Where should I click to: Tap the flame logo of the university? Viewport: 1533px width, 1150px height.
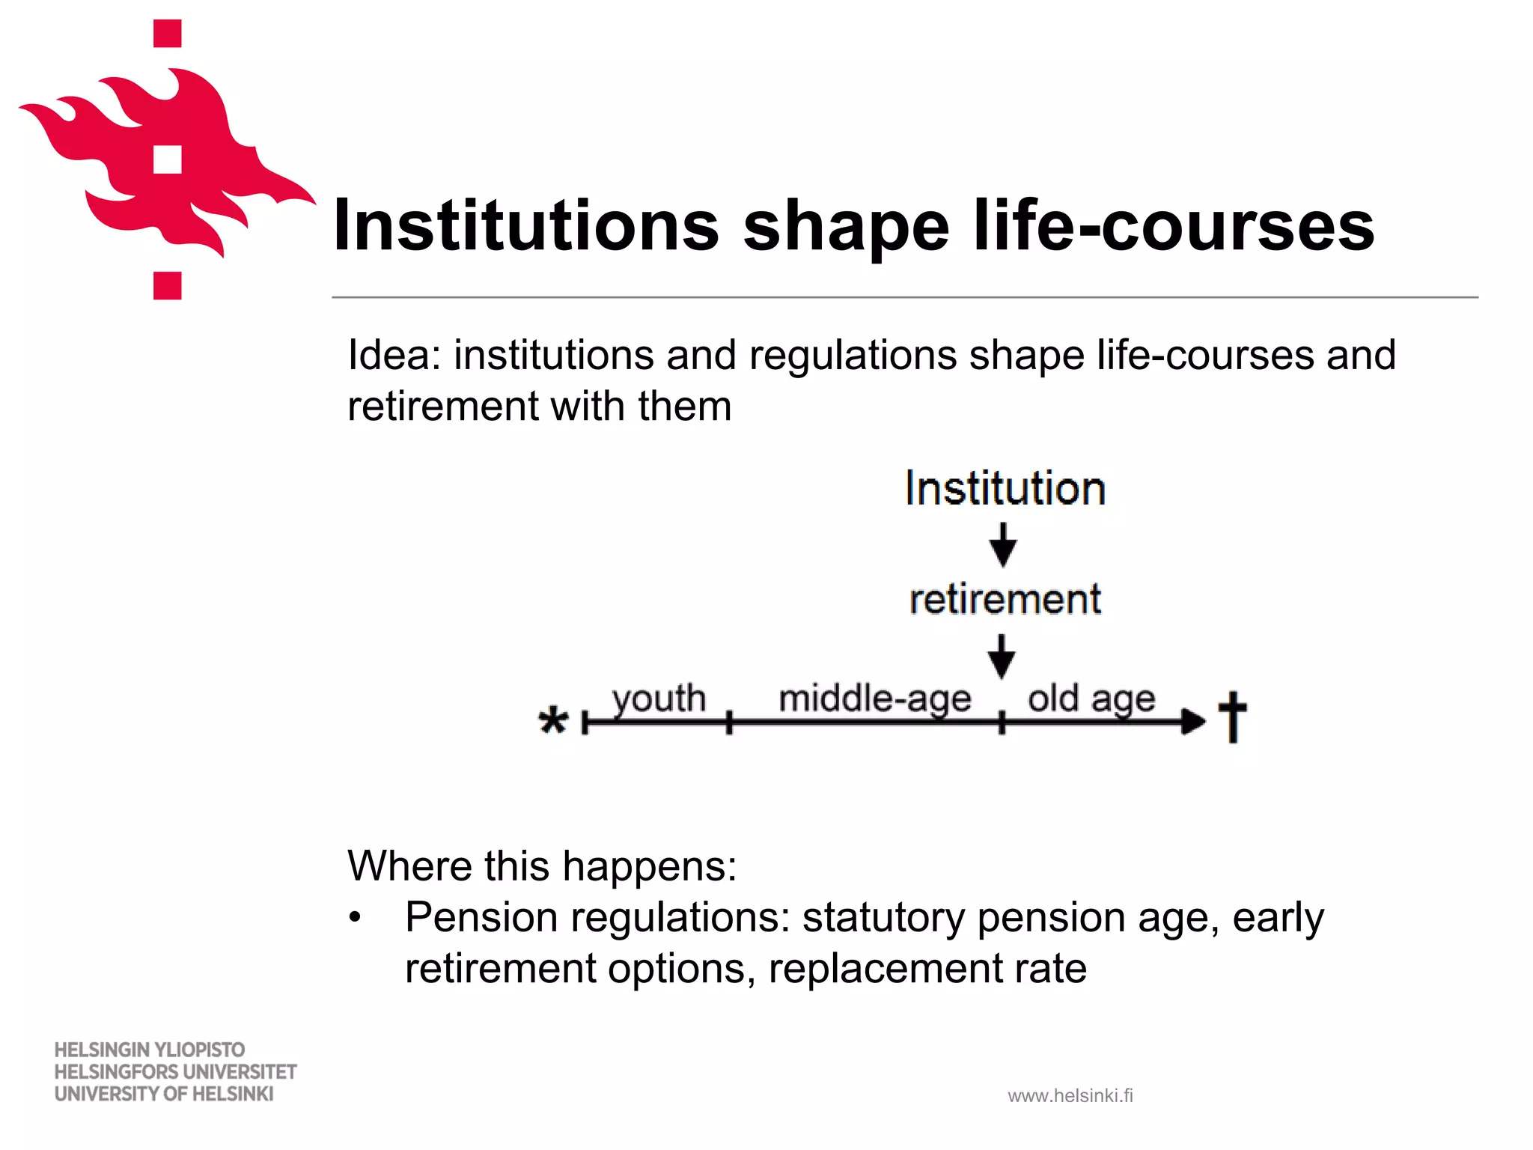(165, 165)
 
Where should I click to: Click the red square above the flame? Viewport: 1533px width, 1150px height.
(168, 34)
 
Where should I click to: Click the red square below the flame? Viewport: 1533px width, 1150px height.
(168, 285)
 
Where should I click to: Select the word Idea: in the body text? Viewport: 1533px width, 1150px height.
(394, 355)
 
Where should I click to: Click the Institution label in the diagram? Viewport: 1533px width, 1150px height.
(1005, 489)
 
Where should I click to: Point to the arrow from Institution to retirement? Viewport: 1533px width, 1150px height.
(1003, 545)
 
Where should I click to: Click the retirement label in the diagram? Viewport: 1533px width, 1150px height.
(1005, 600)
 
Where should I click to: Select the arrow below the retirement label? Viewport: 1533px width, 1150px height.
(1002, 656)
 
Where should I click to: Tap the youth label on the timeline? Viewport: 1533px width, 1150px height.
(659, 698)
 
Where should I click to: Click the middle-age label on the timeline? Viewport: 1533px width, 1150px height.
(874, 699)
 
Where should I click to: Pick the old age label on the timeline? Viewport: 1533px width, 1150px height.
(1091, 699)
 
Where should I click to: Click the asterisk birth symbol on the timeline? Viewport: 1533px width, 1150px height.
(553, 722)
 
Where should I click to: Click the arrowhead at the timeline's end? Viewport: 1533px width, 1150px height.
(1193, 722)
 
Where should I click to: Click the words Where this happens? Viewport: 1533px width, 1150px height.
(542, 866)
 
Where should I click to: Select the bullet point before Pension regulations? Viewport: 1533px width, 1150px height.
(355, 917)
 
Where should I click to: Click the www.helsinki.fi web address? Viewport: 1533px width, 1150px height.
(1070, 1096)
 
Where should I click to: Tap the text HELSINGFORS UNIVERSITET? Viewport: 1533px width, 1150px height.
(175, 1072)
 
